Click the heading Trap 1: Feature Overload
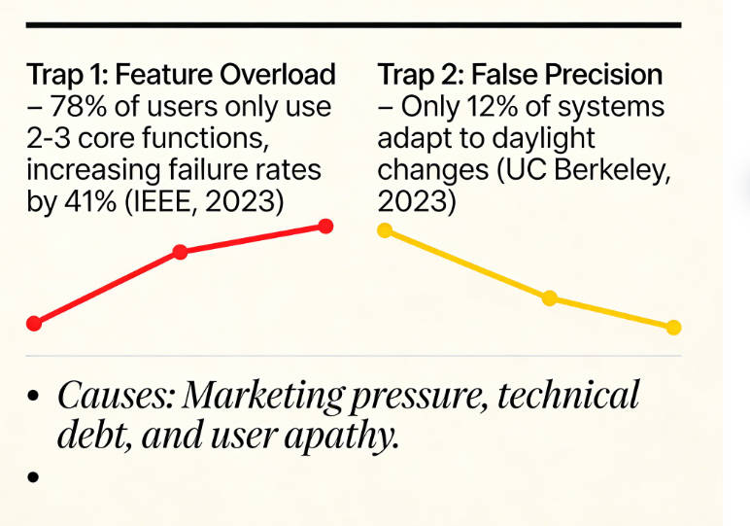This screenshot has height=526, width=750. click(x=181, y=75)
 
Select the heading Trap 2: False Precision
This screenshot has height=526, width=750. click(x=520, y=75)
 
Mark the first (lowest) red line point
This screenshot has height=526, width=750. click(x=34, y=323)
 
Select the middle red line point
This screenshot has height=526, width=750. click(x=180, y=252)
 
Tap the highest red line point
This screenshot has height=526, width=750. click(x=325, y=227)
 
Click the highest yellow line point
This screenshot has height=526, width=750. click(x=385, y=229)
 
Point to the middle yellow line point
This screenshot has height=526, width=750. click(x=549, y=298)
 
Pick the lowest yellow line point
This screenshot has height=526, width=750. click(x=673, y=328)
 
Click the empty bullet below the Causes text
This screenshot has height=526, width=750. click(x=34, y=477)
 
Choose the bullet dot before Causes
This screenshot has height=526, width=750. click(x=34, y=398)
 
